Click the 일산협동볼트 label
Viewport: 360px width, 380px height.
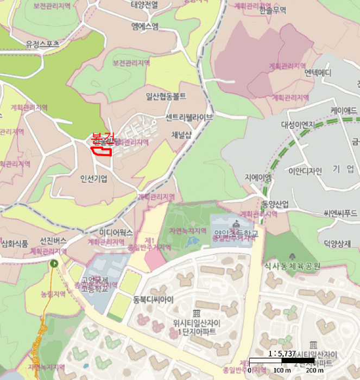[x=166, y=97]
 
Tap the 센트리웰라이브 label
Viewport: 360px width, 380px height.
[x=189, y=117]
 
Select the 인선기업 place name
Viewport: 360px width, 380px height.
[x=93, y=179]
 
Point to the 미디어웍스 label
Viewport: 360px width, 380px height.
[x=116, y=232]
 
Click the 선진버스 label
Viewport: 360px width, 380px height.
[x=53, y=240]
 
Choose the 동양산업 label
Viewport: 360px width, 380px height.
[x=275, y=204]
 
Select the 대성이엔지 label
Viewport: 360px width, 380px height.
[x=298, y=124]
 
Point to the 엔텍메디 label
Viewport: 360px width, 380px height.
[x=318, y=72]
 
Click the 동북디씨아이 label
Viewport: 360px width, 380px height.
[x=153, y=299]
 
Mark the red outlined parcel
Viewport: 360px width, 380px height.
[x=101, y=150]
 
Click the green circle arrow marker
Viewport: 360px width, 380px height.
[x=53, y=264]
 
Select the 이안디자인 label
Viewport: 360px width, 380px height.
[x=305, y=171]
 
